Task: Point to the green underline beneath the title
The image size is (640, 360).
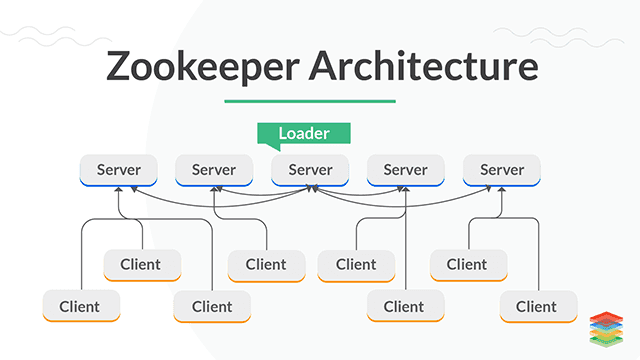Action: (x=310, y=100)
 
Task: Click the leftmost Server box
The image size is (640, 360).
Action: (x=119, y=170)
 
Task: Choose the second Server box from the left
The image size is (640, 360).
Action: (x=214, y=170)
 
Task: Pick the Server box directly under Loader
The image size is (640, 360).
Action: (x=310, y=170)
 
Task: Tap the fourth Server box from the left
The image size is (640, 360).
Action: (x=405, y=170)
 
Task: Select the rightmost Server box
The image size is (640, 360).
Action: (x=501, y=170)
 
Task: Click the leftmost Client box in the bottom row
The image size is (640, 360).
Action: (x=81, y=306)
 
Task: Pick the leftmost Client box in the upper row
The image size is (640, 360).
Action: (x=141, y=264)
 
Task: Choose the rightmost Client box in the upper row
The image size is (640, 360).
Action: (x=467, y=264)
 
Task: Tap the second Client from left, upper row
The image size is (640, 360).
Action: (x=266, y=264)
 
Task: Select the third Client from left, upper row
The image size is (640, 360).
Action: (x=356, y=264)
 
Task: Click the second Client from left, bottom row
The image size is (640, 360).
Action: (x=211, y=306)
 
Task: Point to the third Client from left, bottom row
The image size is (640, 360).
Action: (x=404, y=306)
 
